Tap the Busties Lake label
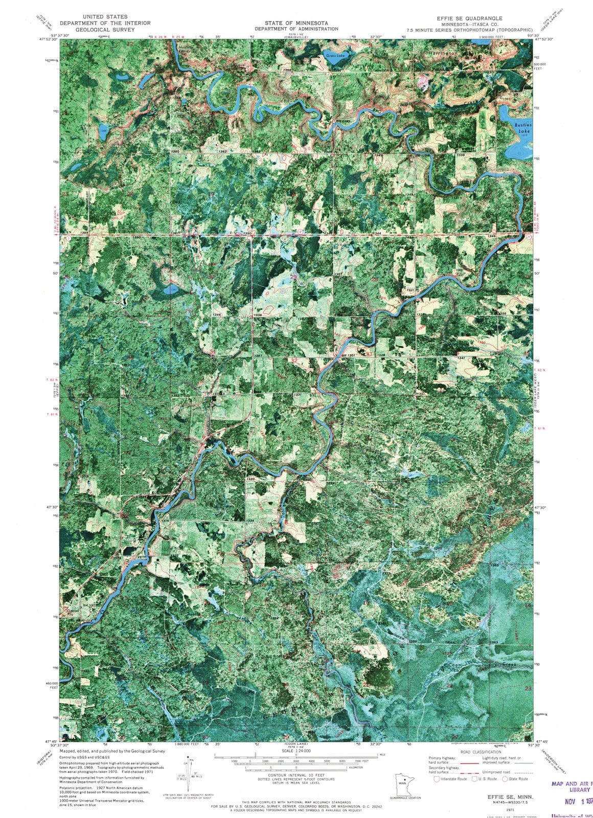point(523,128)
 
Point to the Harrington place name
point(443,53)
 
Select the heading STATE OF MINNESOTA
point(296,23)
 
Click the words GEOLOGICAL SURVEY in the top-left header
point(105,30)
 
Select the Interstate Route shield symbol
point(437,779)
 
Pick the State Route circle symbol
point(505,779)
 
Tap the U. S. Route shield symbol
point(474,779)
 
